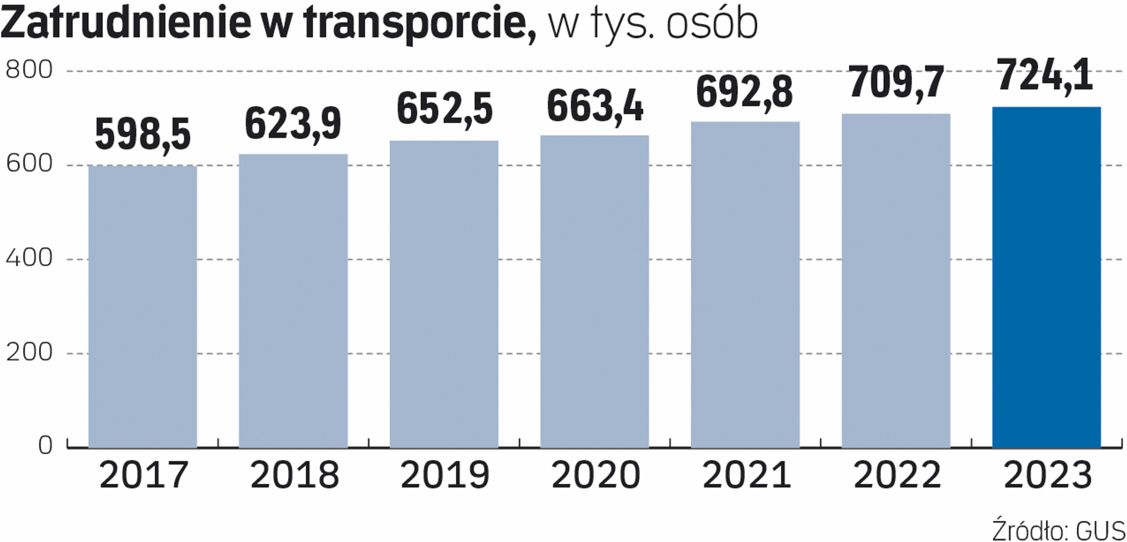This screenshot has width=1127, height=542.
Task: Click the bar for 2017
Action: point(143,307)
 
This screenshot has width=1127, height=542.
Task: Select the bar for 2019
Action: point(444,294)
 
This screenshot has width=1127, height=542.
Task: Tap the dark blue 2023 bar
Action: point(1046,277)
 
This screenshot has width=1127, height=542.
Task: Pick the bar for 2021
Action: point(745,284)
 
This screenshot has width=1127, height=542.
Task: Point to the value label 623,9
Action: point(293,124)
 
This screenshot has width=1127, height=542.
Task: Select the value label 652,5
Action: point(444,109)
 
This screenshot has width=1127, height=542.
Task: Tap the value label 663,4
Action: point(595,107)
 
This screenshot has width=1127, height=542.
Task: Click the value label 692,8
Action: point(744,92)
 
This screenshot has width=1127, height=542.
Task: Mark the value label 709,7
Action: point(896,82)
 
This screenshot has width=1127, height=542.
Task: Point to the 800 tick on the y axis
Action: point(29,70)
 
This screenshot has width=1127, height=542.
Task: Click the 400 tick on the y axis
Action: point(29,258)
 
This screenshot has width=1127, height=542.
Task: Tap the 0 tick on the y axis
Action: point(45,446)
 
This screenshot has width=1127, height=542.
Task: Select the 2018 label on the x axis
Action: point(294,475)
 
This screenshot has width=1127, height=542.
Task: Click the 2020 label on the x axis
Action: point(595,475)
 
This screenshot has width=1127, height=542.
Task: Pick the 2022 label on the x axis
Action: point(896,475)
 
